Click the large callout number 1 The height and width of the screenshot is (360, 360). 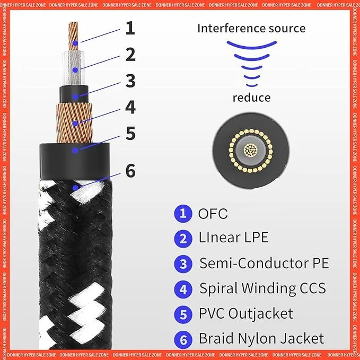pos(130,28)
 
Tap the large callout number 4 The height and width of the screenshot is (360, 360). pos(130,107)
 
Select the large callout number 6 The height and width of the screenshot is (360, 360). pos(130,171)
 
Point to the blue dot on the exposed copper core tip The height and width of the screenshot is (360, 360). pos(75,43)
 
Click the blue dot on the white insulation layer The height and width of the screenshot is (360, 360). pos(75,70)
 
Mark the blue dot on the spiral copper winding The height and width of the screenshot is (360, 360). pos(75,124)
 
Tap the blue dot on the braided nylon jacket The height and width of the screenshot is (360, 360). pos(75,188)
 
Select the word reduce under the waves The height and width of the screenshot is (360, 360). pos(252,98)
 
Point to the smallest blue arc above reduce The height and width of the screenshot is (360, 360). pos(252,85)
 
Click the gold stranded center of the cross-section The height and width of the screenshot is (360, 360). pos(251,151)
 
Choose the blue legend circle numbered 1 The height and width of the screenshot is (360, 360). pos(183,214)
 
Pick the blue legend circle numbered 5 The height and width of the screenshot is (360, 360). pos(183,314)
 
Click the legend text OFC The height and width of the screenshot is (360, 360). pos(213,214)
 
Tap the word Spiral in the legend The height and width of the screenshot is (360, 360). pos(218,288)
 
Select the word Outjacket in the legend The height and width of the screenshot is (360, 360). pos(260,313)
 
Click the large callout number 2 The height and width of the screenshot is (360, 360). pos(130,55)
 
